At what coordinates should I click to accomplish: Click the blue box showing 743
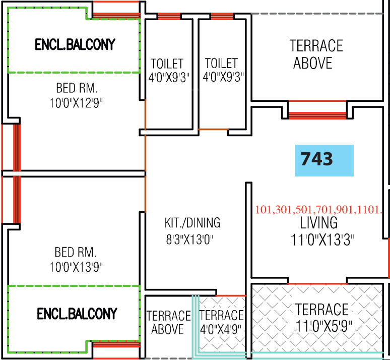(x=324, y=160)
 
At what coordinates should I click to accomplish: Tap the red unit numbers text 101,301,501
(x=319, y=210)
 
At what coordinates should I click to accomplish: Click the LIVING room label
(x=319, y=223)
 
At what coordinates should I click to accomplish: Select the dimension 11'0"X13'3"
(x=322, y=240)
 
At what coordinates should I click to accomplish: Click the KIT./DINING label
(x=192, y=223)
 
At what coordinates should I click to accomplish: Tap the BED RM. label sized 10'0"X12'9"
(x=77, y=89)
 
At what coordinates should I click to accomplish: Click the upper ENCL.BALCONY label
(x=75, y=44)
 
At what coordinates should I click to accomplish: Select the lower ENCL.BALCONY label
(x=77, y=314)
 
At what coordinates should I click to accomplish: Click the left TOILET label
(x=167, y=64)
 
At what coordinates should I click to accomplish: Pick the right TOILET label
(x=221, y=64)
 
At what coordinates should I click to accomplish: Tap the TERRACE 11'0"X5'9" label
(x=321, y=309)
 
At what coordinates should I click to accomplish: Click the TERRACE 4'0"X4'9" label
(x=222, y=316)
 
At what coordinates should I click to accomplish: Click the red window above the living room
(x=317, y=109)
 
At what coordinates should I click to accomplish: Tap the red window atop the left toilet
(x=168, y=17)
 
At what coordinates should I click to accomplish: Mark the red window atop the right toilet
(x=221, y=17)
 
